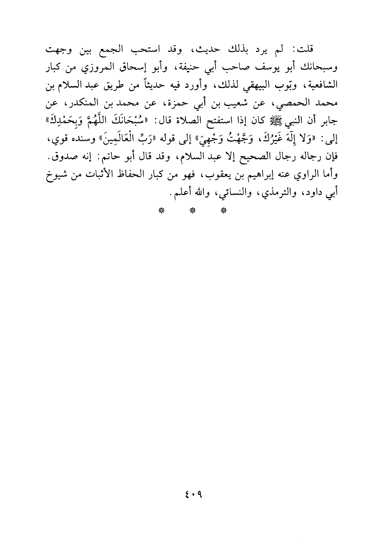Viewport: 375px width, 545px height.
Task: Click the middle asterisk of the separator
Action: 193,210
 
